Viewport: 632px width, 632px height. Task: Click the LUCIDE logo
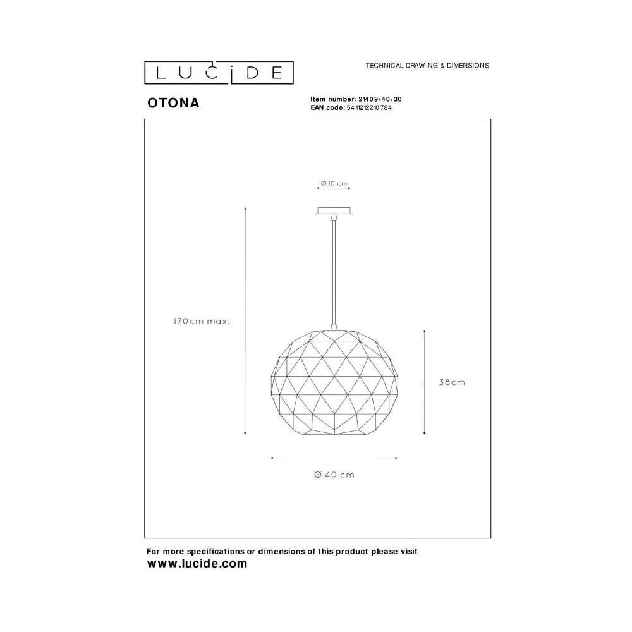(219, 73)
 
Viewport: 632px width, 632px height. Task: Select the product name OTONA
(173, 103)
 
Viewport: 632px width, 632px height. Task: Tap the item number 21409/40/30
(380, 99)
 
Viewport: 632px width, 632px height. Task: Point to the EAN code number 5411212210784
(369, 107)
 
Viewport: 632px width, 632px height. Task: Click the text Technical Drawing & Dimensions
(427, 65)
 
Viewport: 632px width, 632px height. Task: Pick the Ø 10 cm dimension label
(334, 183)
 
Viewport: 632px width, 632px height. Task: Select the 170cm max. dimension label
(202, 321)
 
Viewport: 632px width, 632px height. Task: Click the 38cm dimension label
(452, 382)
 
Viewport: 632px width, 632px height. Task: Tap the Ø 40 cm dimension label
(334, 475)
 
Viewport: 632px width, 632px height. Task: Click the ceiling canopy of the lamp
(334, 211)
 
